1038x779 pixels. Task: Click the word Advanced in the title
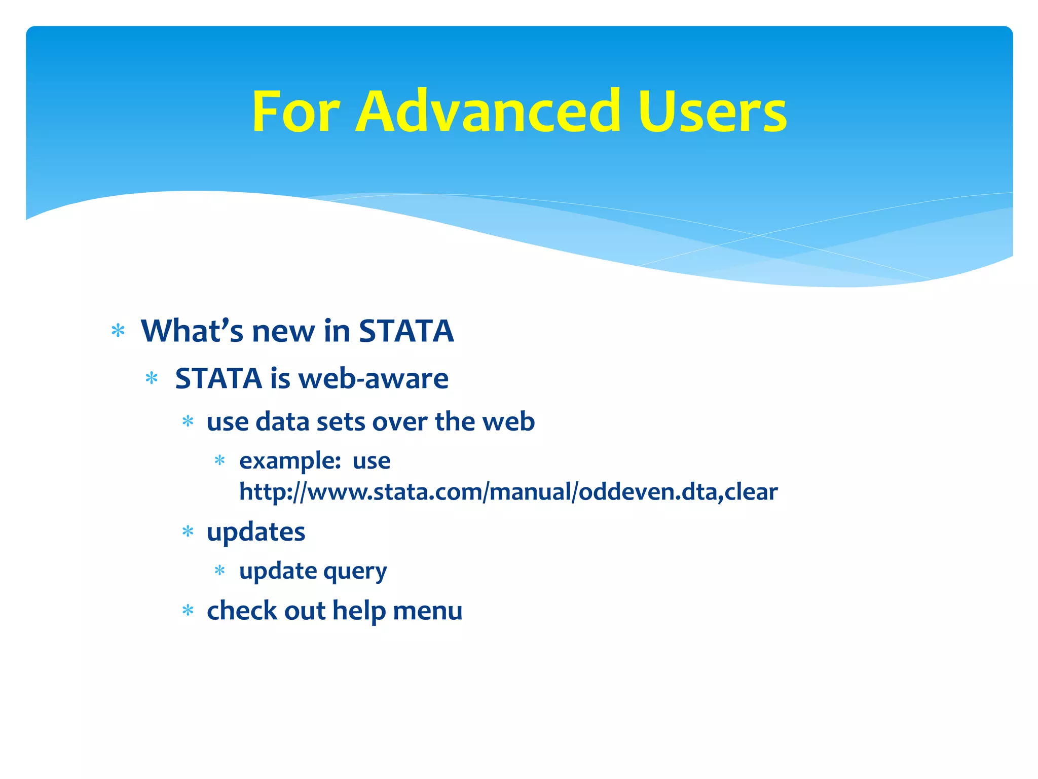pyautogui.click(x=488, y=112)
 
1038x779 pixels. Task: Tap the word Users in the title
pyautogui.click(x=712, y=112)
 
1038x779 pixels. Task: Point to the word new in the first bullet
pyautogui.click(x=283, y=332)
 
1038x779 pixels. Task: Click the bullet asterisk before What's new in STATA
pyautogui.click(x=118, y=331)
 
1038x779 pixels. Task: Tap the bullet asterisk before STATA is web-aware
pyautogui.click(x=152, y=378)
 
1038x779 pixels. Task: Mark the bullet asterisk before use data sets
pyautogui.click(x=188, y=421)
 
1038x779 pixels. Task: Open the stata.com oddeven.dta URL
pyautogui.click(x=508, y=492)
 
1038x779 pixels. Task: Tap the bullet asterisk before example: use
pyautogui.click(x=219, y=461)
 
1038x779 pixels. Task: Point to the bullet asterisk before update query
pyautogui.click(x=219, y=571)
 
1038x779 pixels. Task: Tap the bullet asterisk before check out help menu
pyautogui.click(x=188, y=610)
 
